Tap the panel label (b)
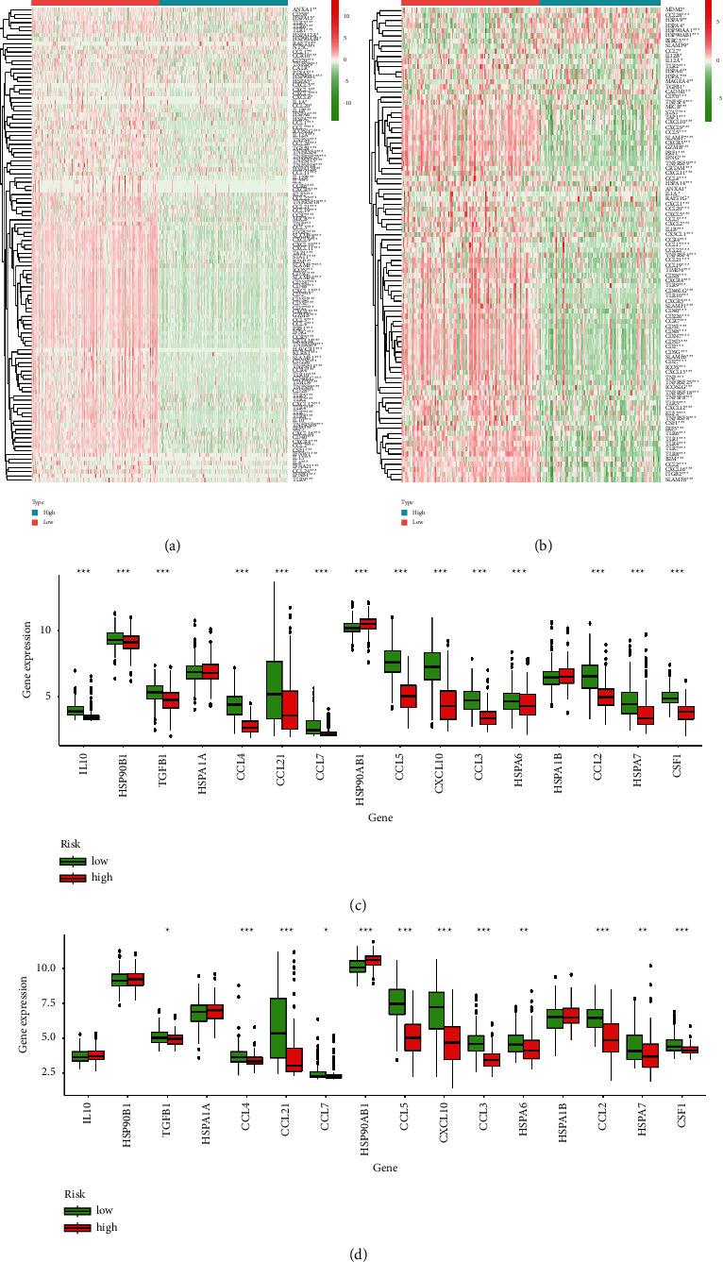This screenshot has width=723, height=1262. click(x=545, y=546)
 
